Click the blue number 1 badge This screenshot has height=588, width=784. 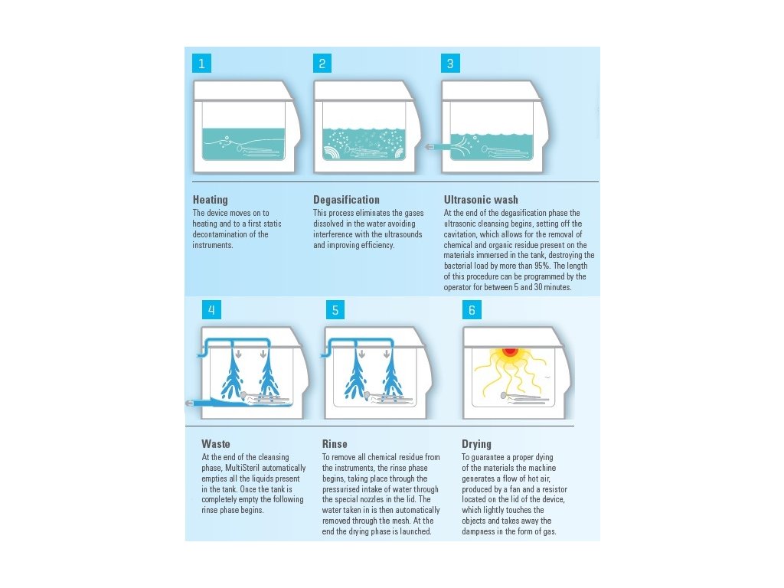pos(201,64)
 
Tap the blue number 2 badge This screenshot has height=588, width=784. pos(322,64)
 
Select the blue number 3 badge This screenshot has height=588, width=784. pos(450,64)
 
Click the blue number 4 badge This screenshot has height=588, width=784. pos(211,310)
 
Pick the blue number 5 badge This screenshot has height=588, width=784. pos(335,310)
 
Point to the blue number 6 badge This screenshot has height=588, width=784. pos(472,310)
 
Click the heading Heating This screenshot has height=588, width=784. pos(210,200)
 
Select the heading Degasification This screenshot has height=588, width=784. pos(347,200)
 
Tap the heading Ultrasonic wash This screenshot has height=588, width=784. pos(481,200)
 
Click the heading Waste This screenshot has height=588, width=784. pos(216,444)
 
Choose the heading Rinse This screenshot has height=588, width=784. pos(335,444)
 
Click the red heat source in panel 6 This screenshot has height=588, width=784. pos(509,351)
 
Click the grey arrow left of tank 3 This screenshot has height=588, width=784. pos(429,147)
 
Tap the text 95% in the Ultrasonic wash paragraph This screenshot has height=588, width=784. pos(542,266)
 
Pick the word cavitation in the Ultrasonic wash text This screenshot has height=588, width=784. pos(460,234)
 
